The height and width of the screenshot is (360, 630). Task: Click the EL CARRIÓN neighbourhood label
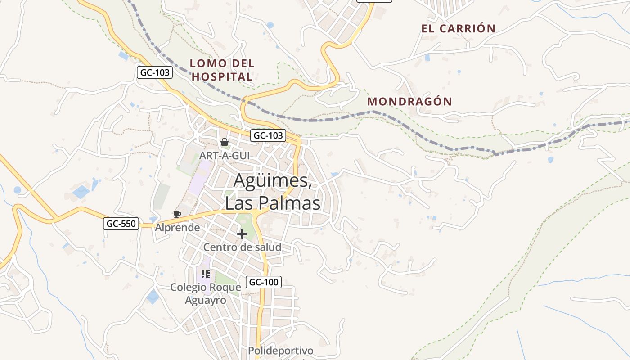click(x=458, y=28)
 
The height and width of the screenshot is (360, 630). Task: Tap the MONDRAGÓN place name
click(x=409, y=101)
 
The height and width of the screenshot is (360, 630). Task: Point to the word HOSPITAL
click(x=222, y=76)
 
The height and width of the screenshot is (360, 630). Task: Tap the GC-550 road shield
click(x=121, y=223)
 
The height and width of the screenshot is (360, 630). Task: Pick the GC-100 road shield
click(x=264, y=282)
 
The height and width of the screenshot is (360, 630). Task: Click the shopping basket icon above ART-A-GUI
click(x=225, y=143)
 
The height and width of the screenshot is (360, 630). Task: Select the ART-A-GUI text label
click(x=225, y=155)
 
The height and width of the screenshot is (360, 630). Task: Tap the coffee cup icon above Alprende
click(x=177, y=214)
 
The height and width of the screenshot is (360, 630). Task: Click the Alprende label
click(x=177, y=228)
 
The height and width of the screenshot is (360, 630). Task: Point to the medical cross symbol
click(x=242, y=234)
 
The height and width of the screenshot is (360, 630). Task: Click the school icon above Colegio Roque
click(x=206, y=274)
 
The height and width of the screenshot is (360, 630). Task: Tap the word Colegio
click(x=188, y=287)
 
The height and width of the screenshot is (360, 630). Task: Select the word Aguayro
click(x=206, y=300)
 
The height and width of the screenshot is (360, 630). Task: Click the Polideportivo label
click(x=280, y=351)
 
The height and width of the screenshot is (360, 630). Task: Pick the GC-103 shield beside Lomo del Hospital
click(x=155, y=72)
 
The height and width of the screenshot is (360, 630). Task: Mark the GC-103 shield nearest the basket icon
click(x=268, y=135)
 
